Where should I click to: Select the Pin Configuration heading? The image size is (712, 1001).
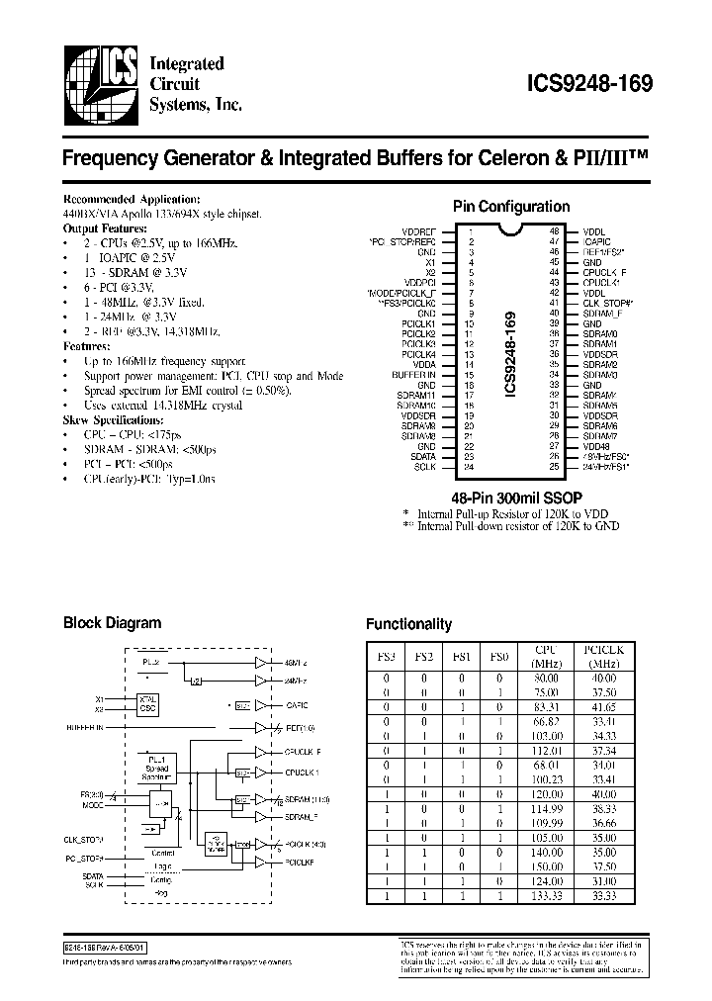(510, 207)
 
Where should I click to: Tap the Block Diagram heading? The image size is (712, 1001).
(112, 623)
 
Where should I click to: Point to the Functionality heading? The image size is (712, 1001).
(408, 624)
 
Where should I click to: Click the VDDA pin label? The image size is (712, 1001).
(424, 365)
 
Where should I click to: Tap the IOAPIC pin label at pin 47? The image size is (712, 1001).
(596, 241)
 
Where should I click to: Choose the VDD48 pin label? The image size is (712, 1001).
(594, 446)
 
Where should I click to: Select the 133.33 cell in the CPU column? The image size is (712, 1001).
(545, 895)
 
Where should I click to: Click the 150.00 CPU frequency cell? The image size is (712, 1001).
(545, 865)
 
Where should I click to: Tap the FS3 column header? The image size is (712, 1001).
(387, 657)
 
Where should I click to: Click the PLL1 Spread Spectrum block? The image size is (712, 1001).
(156, 768)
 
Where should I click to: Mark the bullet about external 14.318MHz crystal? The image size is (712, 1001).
(154, 406)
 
